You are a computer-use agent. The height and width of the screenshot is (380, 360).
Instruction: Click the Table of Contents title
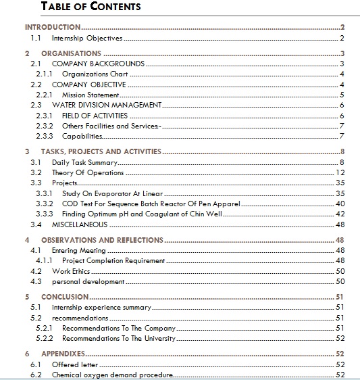click(91, 7)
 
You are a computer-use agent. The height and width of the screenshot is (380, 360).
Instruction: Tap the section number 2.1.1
click(45, 74)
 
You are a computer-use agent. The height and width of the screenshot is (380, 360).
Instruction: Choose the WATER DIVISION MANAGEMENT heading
click(106, 105)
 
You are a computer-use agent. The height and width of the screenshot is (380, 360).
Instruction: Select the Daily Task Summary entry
click(84, 162)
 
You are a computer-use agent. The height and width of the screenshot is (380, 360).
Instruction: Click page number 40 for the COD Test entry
click(340, 204)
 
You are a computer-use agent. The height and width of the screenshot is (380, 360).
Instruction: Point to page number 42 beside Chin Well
click(340, 214)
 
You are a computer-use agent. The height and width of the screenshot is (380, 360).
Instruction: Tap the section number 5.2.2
click(45, 338)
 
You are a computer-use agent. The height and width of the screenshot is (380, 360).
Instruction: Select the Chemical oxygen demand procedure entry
click(112, 375)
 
